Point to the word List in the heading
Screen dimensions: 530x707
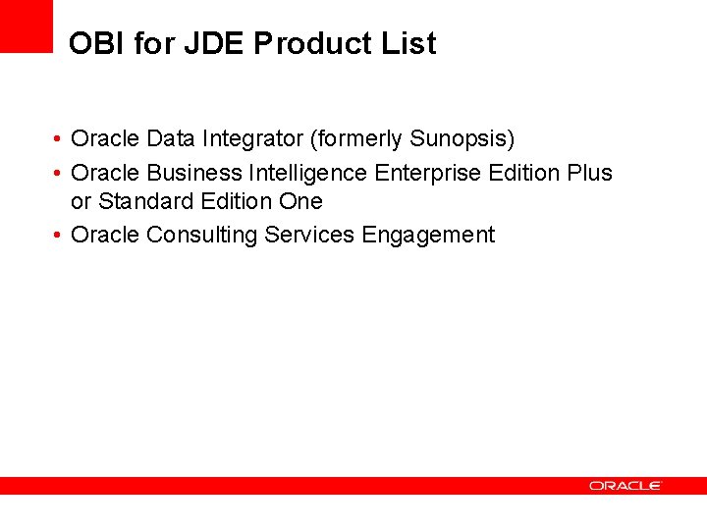[x=408, y=44]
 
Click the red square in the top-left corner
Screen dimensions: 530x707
[x=26, y=26]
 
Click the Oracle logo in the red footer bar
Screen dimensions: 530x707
[x=625, y=486]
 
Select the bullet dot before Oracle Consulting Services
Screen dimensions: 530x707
[x=60, y=236]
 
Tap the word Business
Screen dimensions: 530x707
[x=193, y=174]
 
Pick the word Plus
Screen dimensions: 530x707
[x=589, y=174]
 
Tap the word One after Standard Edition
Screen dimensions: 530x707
[x=300, y=201]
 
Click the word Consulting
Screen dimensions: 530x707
[x=202, y=236]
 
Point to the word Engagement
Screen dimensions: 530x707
[x=429, y=236]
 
